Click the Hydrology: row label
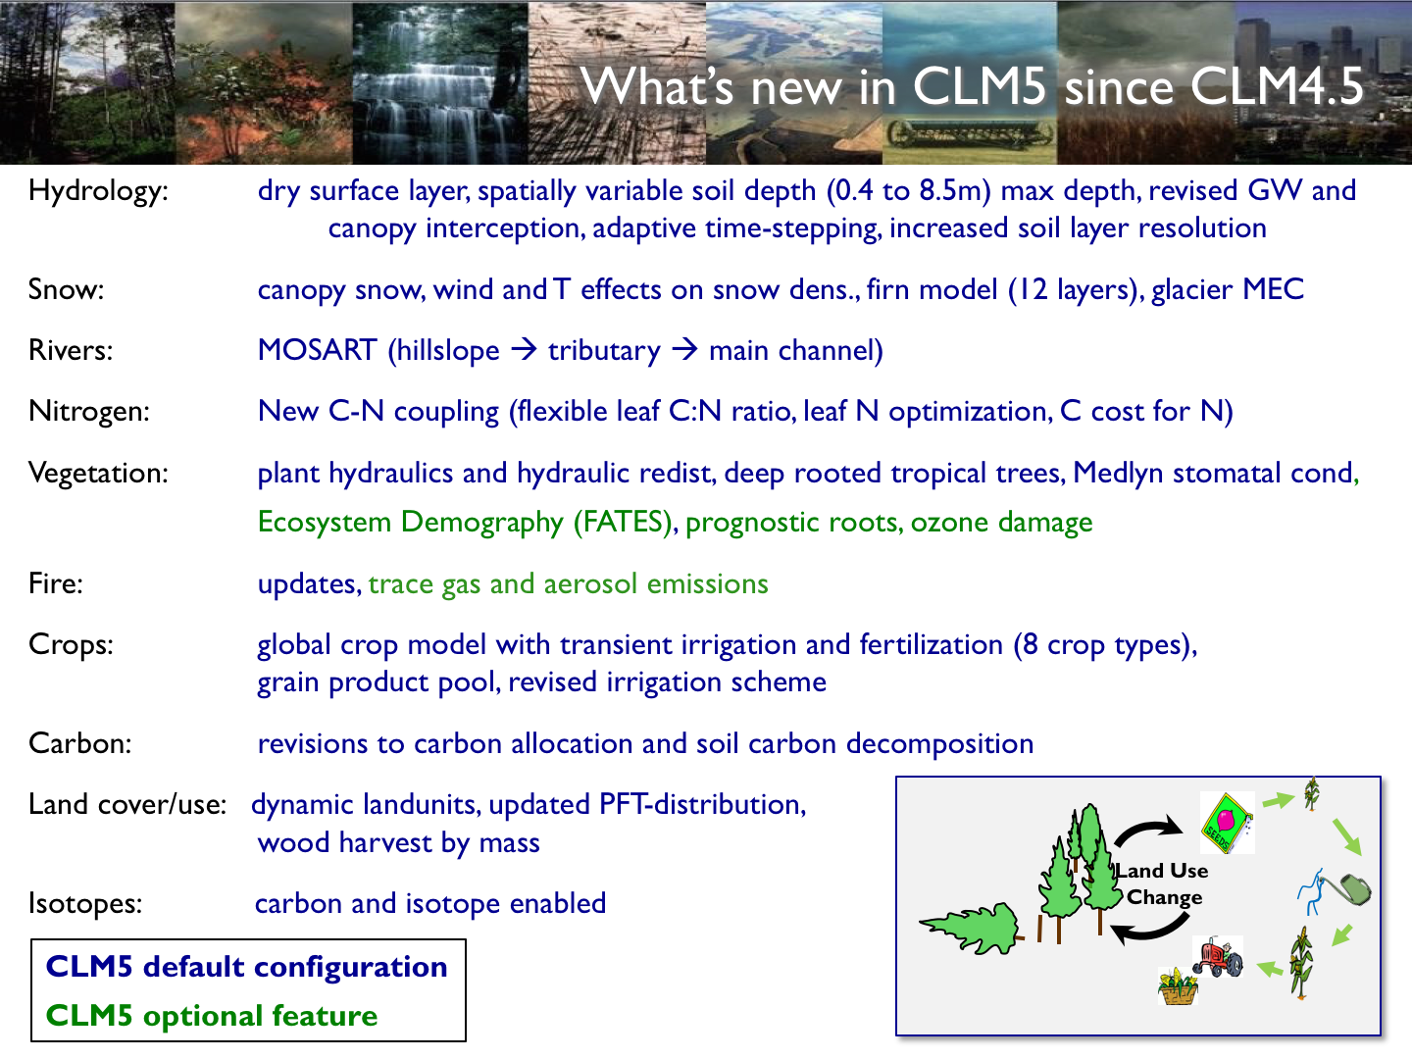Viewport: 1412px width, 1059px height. coord(98,191)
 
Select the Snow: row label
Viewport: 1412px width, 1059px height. coord(67,289)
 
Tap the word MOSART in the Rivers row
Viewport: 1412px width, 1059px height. coord(317,350)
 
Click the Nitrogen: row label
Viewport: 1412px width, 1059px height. coord(89,412)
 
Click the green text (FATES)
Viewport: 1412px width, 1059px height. coord(622,522)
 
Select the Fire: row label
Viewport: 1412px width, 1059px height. coord(56,583)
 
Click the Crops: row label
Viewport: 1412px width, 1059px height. coord(71,644)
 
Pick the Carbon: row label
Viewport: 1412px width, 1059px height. coord(79,744)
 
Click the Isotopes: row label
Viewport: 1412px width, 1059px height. coord(85,904)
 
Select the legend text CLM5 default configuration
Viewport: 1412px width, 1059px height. coord(246,968)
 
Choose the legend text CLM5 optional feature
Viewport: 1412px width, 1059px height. coord(212,1016)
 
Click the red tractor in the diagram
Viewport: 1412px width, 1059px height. coord(1218,957)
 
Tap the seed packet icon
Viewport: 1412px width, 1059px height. coord(1227,823)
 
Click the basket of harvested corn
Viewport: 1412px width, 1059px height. coord(1178,987)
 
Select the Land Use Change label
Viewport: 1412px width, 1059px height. coord(1162,884)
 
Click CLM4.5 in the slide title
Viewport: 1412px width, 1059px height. coord(1277,87)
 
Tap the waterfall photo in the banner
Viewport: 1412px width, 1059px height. coord(440,83)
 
